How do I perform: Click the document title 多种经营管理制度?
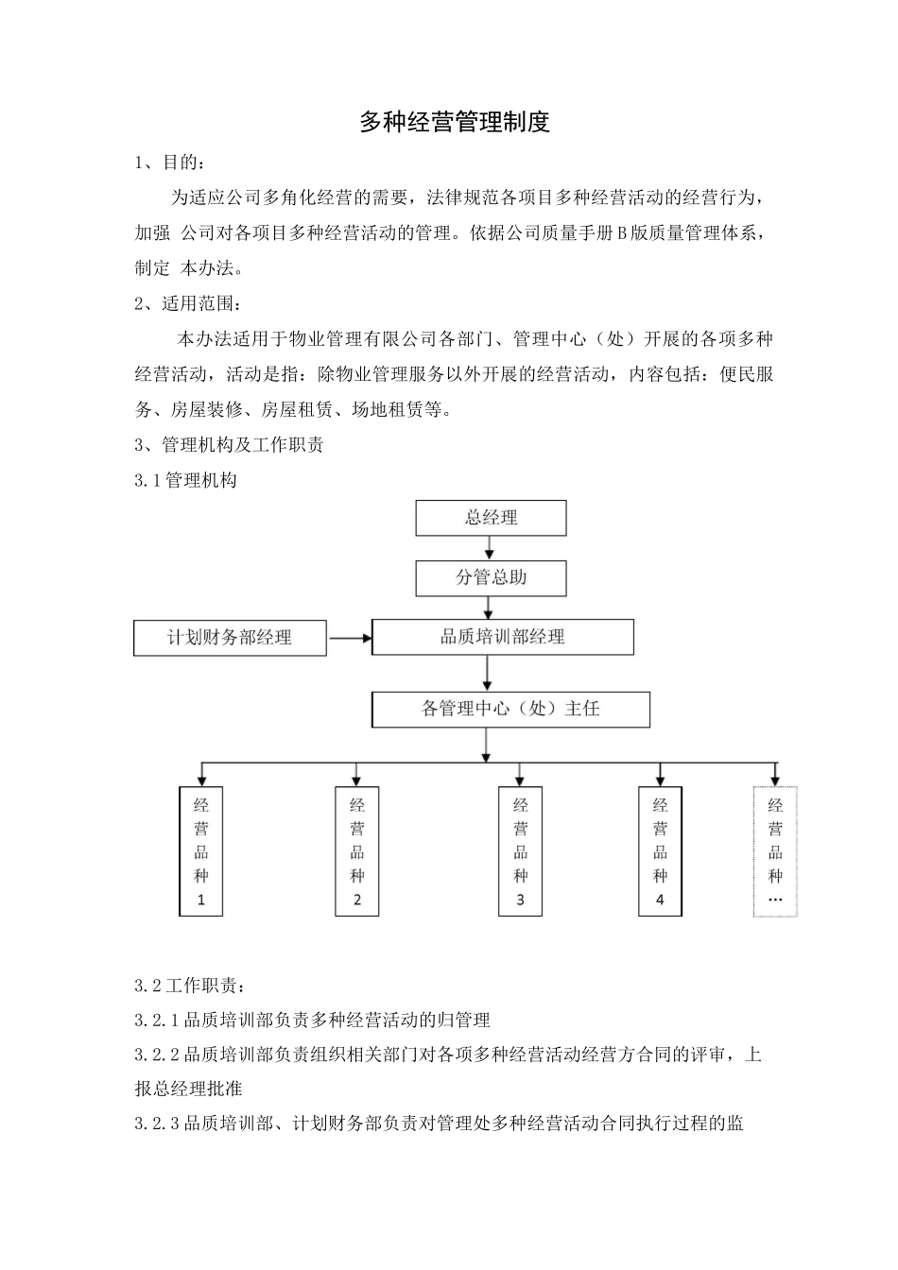(455, 122)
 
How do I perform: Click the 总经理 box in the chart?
(491, 518)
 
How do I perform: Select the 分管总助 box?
(491, 577)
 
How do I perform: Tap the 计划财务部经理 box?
(230, 637)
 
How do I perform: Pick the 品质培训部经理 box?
(502, 637)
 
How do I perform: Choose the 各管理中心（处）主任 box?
(510, 709)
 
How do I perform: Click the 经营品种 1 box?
(201, 851)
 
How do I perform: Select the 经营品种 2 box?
(356, 851)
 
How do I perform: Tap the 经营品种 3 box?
(520, 851)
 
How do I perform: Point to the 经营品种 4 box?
(660, 851)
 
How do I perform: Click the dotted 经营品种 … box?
(775, 851)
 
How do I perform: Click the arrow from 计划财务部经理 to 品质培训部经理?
(350, 638)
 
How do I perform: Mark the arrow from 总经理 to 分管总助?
(490, 548)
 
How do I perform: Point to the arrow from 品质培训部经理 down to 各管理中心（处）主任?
(486, 673)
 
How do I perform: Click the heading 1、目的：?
(169, 163)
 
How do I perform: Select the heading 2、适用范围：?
(188, 303)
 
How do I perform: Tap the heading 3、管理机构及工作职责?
(230, 444)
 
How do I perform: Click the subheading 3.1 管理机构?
(186, 480)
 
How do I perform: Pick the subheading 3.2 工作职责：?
(190, 986)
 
